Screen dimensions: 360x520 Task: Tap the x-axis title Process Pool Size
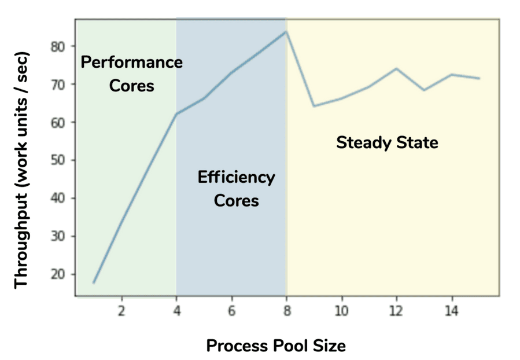pyautogui.click(x=276, y=346)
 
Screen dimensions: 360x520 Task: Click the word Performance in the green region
pyautogui.click(x=131, y=62)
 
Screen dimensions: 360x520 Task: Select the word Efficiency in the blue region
pyautogui.click(x=236, y=177)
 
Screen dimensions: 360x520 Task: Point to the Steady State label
pyautogui.click(x=387, y=142)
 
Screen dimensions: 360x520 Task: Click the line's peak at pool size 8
pyautogui.click(x=286, y=31)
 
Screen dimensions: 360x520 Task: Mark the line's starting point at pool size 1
pyautogui.click(x=94, y=282)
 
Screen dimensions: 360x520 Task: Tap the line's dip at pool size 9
pyautogui.click(x=314, y=106)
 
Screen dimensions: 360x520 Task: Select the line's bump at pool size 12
pyautogui.click(x=396, y=68)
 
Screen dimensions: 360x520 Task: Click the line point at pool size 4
pyautogui.click(x=176, y=113)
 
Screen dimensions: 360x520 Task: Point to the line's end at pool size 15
pyautogui.click(x=479, y=78)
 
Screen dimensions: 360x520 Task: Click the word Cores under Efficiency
pyautogui.click(x=236, y=201)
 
